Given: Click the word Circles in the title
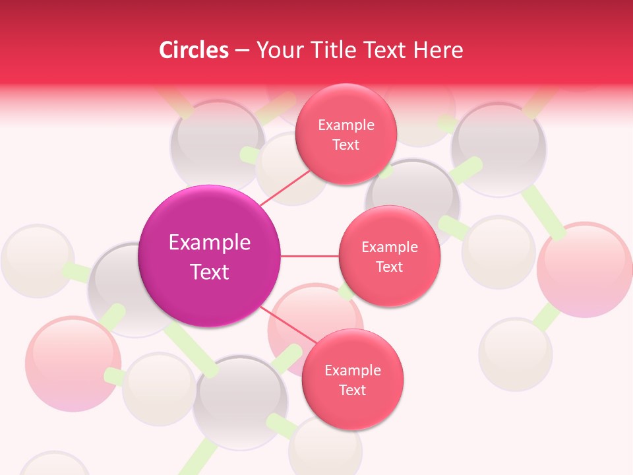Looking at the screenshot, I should click(x=194, y=50).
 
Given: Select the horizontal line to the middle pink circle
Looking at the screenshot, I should click(x=310, y=256).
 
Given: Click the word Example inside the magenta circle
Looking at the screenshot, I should click(x=209, y=243).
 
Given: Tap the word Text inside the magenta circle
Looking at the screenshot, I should click(x=209, y=272).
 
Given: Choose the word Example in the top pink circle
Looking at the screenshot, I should click(x=346, y=125).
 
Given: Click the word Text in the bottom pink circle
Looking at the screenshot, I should click(x=352, y=390).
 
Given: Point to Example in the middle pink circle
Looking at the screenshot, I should click(x=389, y=247).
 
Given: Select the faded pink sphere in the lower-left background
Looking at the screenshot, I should click(x=73, y=363).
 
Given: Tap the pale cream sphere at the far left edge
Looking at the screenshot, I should click(x=36, y=261).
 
